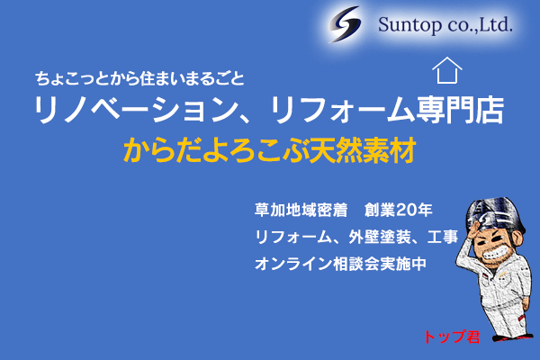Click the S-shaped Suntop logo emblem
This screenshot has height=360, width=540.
coord(345,24)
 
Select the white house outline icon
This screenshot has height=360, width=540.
coord(447,70)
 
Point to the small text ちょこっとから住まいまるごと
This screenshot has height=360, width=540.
coord(139,78)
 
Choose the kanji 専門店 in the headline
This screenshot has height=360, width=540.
coord(461,110)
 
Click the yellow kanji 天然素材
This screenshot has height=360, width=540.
coord(363,150)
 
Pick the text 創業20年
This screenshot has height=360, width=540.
coord(399,210)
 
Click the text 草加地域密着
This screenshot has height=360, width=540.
coord(301,210)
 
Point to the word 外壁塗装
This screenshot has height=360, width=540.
coord(380,237)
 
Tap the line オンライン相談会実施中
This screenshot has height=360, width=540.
coord(340,264)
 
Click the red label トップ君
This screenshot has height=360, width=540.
coord(452,337)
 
